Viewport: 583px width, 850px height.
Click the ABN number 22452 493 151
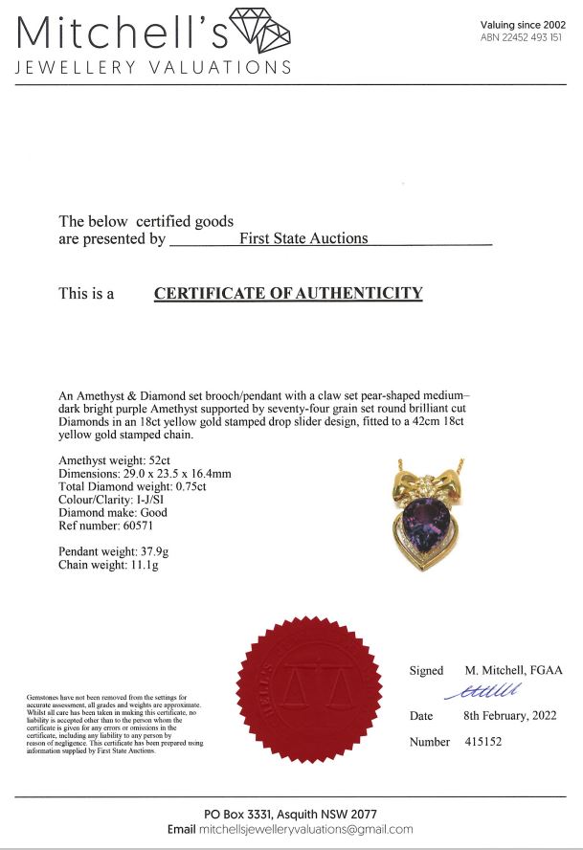(x=521, y=37)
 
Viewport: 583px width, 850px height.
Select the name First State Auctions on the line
(x=303, y=238)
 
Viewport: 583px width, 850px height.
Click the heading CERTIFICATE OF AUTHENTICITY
(x=288, y=293)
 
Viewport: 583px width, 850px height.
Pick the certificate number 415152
(x=482, y=742)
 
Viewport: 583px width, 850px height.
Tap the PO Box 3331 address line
(x=292, y=813)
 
